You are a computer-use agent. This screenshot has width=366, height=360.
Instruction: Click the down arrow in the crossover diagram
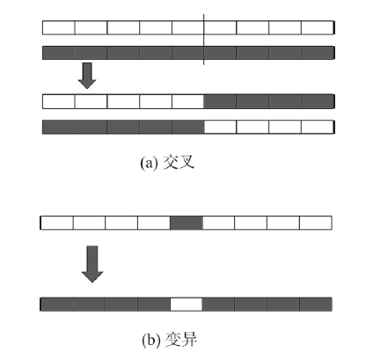pyautogui.click(x=87, y=76)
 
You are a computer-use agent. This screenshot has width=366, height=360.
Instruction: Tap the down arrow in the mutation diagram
pyautogui.click(x=92, y=264)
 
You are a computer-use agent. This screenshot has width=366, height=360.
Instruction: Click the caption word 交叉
pyautogui.click(x=179, y=162)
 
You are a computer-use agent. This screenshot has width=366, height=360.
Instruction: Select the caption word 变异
pyautogui.click(x=181, y=340)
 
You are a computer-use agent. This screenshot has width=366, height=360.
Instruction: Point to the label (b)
pyautogui.click(x=151, y=341)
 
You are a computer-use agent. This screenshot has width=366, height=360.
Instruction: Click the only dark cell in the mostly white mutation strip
pyautogui.click(x=187, y=223)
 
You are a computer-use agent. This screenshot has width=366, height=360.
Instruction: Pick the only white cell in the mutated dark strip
pyautogui.click(x=187, y=305)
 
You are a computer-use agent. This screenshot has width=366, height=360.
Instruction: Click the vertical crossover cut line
pyautogui.click(x=204, y=40)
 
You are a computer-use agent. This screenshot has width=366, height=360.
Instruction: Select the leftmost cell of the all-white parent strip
pyautogui.click(x=59, y=28)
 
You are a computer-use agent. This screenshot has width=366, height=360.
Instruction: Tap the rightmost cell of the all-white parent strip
pyautogui.click(x=318, y=28)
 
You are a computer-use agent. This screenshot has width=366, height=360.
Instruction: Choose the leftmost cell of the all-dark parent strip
pyautogui.click(x=59, y=53)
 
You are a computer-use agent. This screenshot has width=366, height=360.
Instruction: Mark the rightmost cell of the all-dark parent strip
pyautogui.click(x=318, y=53)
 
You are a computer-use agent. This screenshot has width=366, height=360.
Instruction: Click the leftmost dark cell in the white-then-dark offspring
pyautogui.click(x=220, y=101)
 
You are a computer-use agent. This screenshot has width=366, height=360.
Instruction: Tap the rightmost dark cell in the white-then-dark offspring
pyautogui.click(x=318, y=101)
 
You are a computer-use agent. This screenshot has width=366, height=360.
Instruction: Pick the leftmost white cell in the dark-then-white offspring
pyautogui.click(x=220, y=127)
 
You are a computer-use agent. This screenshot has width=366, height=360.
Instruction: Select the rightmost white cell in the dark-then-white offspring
pyautogui.click(x=318, y=127)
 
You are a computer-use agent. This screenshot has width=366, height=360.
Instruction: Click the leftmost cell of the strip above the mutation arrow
pyautogui.click(x=56, y=223)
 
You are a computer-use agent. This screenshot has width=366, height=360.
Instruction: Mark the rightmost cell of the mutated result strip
pyautogui.click(x=316, y=305)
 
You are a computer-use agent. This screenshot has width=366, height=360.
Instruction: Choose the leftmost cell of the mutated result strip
pyautogui.click(x=56, y=305)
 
